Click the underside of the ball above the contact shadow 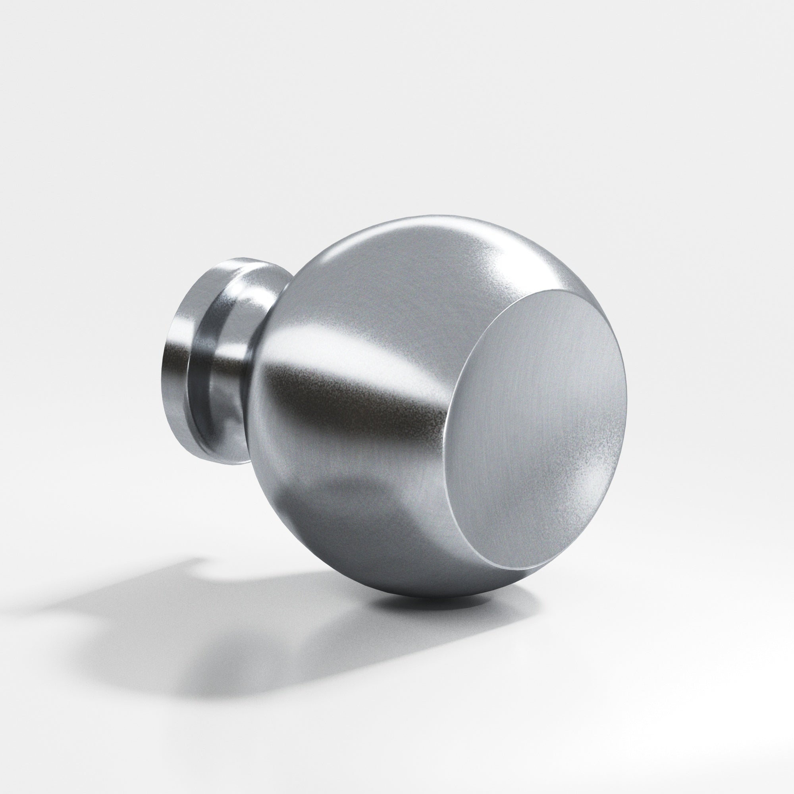click(x=411, y=584)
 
